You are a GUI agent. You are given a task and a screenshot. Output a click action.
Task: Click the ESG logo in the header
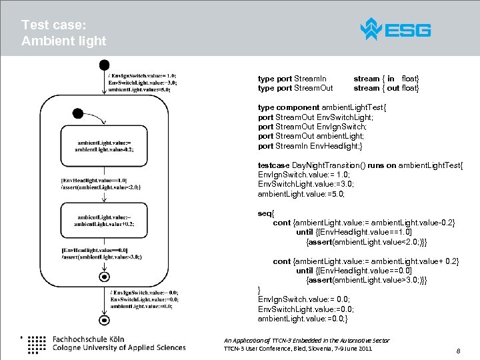(395, 29)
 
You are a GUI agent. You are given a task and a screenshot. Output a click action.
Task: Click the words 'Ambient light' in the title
(63, 41)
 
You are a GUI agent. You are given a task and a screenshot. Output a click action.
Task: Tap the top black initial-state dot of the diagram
(104, 65)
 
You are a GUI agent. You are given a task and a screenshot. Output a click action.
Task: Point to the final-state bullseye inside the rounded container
(104, 276)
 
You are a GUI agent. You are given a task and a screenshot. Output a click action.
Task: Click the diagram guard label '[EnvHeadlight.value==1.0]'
(94, 180)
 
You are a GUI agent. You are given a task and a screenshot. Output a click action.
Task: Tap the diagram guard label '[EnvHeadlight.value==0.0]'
(94, 249)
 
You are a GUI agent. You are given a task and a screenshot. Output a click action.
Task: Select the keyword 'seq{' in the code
(265, 213)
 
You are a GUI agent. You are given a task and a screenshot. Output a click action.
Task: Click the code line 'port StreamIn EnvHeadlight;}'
(310, 146)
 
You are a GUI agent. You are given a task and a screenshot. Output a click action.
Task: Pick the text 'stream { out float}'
(386, 88)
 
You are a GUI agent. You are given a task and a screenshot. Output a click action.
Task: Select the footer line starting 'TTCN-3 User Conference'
(298, 349)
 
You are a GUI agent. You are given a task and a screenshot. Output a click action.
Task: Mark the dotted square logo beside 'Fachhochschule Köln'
(37, 343)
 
